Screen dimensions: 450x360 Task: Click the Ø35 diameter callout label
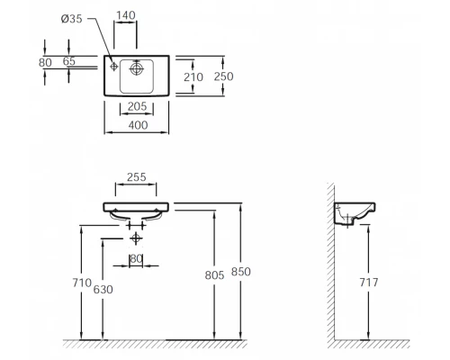(x=71, y=19)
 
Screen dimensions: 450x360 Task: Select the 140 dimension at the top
(x=126, y=15)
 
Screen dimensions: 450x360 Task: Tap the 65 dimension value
(x=69, y=61)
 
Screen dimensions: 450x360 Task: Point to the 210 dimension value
(x=193, y=77)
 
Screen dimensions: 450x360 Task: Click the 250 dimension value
(x=223, y=76)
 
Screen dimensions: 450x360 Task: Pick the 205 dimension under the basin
(x=137, y=106)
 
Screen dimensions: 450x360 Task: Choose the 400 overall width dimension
(x=138, y=125)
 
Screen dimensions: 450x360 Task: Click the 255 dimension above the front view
(x=137, y=177)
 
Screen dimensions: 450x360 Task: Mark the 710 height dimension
(x=82, y=283)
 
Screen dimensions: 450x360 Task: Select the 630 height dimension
(x=103, y=290)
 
